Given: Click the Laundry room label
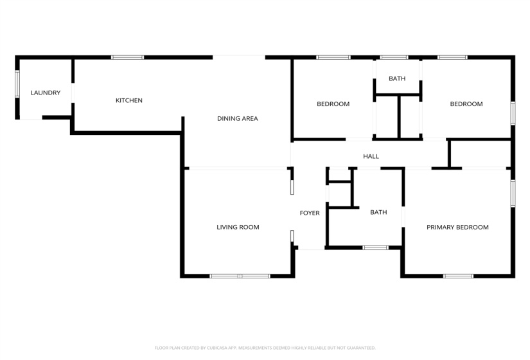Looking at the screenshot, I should coord(46,93).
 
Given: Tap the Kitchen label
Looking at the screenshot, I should coord(128,100).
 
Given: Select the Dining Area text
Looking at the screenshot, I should coord(237,118).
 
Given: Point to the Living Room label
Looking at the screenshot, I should coord(238,227).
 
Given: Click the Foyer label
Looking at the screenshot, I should coord(310,213).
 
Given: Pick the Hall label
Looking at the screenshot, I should coord(371,156).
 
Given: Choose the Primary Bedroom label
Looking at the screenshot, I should coord(457,227).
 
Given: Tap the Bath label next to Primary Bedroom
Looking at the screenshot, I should coord(378,212).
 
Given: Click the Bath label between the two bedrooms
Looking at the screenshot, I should coord(397,79).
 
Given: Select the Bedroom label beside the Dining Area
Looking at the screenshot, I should coord(333,104).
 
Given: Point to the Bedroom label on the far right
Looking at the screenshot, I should coord(466,104).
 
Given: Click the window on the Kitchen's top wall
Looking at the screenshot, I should coord(127,58).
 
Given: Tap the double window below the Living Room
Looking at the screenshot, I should coord(240,276).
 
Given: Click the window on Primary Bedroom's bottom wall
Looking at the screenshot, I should coord(458,276).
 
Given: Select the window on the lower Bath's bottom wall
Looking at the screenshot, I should coord(375,248).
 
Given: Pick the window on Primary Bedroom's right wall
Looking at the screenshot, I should coord(513,193).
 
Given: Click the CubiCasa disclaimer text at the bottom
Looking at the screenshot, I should coord(265,348).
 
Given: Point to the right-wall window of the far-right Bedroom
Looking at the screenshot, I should coord(513,113).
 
